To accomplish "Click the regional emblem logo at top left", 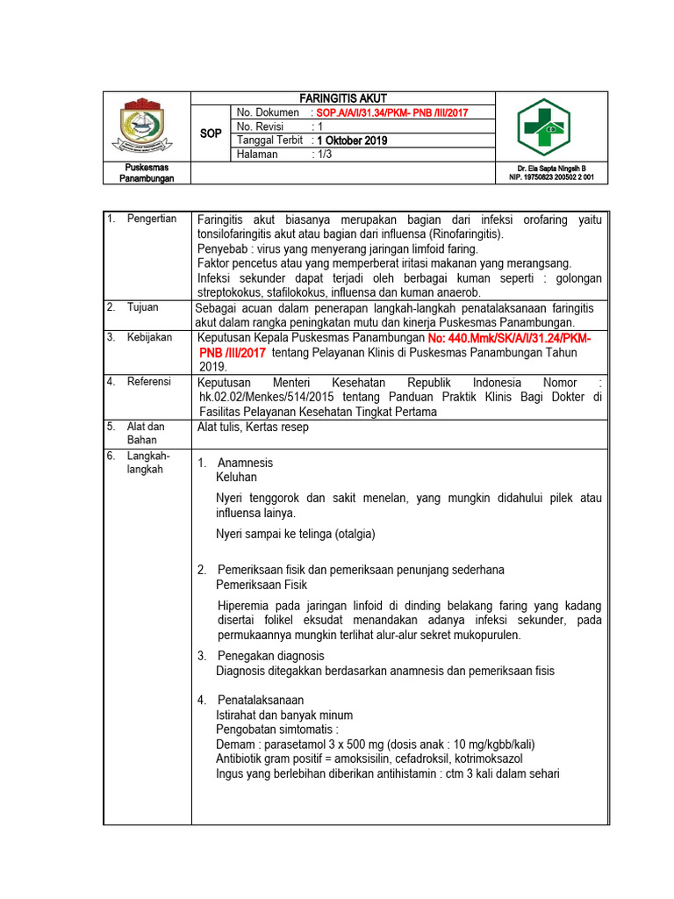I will click(x=147, y=126).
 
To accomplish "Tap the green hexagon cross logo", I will click(x=543, y=127).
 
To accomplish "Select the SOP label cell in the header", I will click(x=211, y=133).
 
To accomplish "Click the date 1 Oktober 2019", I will click(x=352, y=140).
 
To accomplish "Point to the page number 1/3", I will click(x=326, y=155).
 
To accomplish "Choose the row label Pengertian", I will click(x=151, y=219).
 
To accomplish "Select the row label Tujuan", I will click(x=142, y=307).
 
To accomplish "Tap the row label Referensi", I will click(x=148, y=382).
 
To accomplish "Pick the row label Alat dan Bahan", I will click(x=146, y=433).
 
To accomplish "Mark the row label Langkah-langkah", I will click(x=148, y=463).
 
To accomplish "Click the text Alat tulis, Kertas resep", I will click(x=253, y=428).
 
